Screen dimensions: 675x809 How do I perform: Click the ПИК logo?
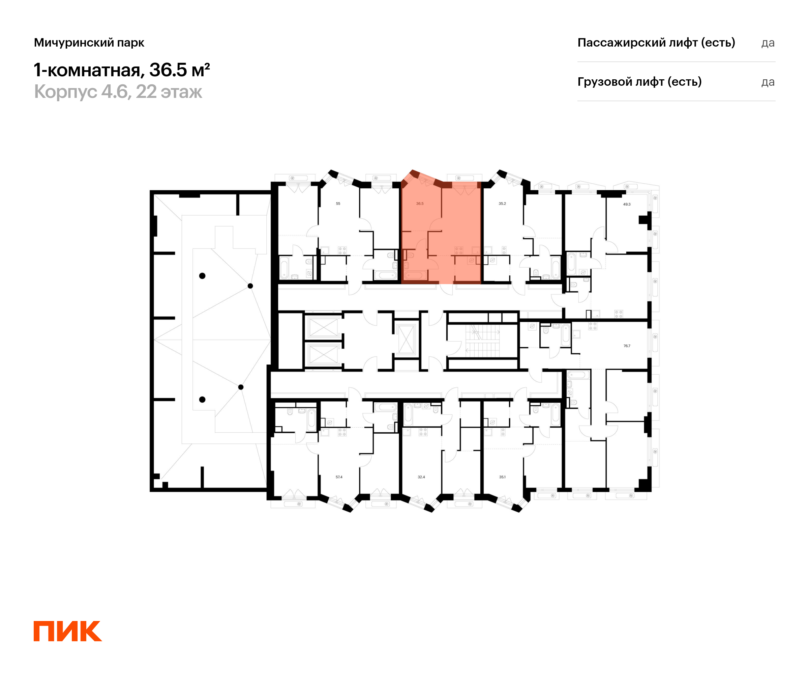tap(67, 631)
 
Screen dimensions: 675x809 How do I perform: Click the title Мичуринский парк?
tap(89, 43)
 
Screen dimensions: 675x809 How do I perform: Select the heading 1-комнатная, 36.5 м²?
tap(122, 70)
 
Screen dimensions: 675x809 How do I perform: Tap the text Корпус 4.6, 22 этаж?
tap(118, 92)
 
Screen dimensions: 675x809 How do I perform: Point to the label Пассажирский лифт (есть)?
tap(656, 43)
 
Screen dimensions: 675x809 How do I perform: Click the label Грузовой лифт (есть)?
tap(639, 82)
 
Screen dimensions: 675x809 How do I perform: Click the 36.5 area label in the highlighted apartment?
tap(420, 203)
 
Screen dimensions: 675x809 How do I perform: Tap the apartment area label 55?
tap(338, 203)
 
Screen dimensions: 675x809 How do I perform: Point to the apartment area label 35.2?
tap(502, 203)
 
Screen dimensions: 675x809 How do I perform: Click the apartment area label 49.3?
tap(627, 204)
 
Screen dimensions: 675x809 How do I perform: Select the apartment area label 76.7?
tap(627, 346)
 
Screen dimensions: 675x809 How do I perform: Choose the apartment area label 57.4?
tap(339, 477)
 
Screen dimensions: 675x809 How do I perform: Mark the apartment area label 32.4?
tap(421, 477)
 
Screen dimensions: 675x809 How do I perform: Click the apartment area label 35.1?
tap(502, 477)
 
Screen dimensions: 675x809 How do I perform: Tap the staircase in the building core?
tap(482, 341)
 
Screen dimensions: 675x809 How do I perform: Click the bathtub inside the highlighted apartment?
tap(415, 275)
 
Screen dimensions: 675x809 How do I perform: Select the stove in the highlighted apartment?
tap(458, 250)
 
